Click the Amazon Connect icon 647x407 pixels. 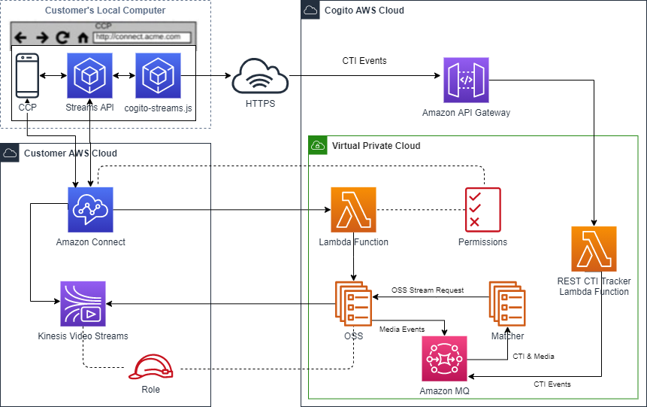point(90,210)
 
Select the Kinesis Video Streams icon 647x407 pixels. point(83,304)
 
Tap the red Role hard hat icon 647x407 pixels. point(150,367)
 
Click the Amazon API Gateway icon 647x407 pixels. point(466,80)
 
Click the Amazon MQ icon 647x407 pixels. point(446,360)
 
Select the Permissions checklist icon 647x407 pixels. point(482,210)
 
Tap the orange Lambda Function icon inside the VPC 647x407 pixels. point(353,210)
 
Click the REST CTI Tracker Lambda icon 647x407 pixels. point(594,249)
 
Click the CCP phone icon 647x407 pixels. point(27,76)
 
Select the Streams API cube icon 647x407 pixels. point(89,76)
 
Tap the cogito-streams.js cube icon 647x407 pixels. point(158,76)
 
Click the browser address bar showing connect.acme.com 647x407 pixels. point(142,36)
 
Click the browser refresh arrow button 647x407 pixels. point(63,37)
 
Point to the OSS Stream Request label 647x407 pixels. point(427,290)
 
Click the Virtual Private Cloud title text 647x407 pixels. point(376,146)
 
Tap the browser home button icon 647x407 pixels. point(83,37)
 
